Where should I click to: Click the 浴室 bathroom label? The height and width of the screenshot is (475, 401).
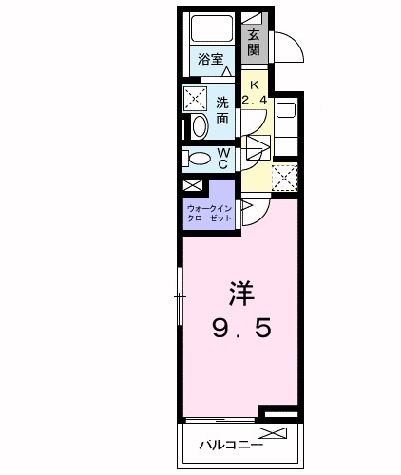pos(210,60)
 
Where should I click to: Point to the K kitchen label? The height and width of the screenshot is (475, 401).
pos(254,83)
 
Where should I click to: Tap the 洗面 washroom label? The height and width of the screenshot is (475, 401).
pos(222,110)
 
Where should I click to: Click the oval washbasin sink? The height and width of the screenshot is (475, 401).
pos(199,127)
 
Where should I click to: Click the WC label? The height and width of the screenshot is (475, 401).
pos(222,158)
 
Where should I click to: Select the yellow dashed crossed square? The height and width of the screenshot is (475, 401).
pos(284,178)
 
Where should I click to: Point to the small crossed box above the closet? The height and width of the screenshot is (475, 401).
pos(193,186)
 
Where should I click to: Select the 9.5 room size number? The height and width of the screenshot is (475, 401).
pos(241,329)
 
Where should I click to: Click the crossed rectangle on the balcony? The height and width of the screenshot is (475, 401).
pos(272,433)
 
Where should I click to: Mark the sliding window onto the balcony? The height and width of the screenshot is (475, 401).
pos(220,418)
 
